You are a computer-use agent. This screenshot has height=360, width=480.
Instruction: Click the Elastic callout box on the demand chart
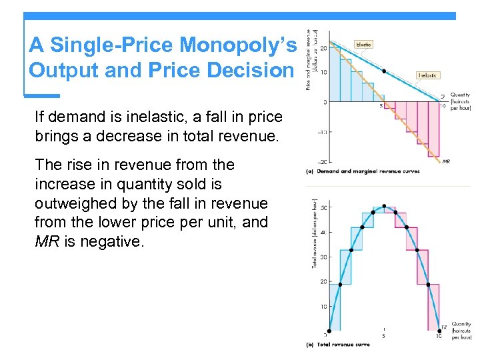point(364,45)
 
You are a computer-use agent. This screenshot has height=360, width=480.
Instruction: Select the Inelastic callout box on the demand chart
point(427,75)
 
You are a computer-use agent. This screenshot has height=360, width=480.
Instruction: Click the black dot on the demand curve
point(383,71)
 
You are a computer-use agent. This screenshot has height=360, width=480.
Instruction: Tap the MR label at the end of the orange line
point(445,161)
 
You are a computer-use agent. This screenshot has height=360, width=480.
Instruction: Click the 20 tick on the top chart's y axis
point(323,48)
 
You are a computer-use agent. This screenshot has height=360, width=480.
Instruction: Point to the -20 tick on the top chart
point(321,162)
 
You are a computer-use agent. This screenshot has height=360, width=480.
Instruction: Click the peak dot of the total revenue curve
point(384,207)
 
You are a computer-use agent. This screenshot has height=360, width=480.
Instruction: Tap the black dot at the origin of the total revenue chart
point(328,331)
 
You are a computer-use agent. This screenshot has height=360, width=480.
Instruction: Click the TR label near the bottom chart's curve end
point(443,327)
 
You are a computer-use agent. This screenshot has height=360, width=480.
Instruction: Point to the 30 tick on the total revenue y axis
point(323,257)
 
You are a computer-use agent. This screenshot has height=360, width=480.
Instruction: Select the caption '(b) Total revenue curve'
point(337,345)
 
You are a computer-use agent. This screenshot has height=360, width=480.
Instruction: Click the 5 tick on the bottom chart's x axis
point(384,336)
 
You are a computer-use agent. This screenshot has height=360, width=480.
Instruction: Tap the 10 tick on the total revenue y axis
point(323,307)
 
